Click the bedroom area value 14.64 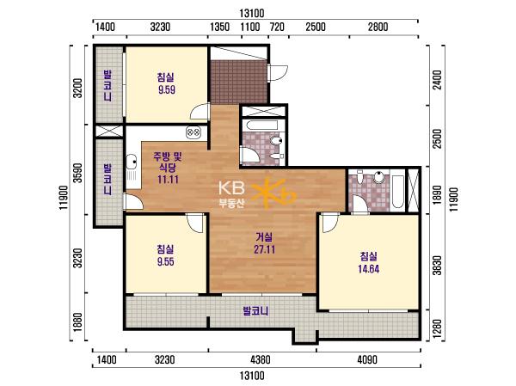click(x=369, y=269)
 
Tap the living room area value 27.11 click(x=264, y=249)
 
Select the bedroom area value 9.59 click(x=167, y=89)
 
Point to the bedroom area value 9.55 click(x=166, y=261)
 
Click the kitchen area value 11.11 click(x=168, y=180)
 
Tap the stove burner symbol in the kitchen click(x=193, y=132)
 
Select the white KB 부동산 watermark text click(x=231, y=194)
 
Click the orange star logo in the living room click(x=273, y=193)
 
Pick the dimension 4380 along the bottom click(x=261, y=359)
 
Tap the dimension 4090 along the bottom click(x=367, y=359)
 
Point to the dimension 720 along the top click(x=277, y=27)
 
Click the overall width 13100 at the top click(x=252, y=13)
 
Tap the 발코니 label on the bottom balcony click(x=255, y=310)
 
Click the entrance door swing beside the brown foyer click(x=278, y=73)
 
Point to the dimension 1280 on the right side click(x=437, y=326)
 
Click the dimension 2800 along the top click(x=378, y=27)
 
